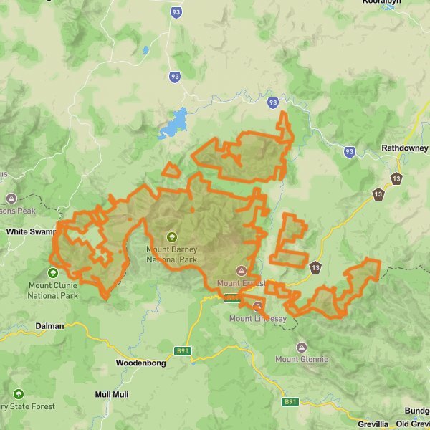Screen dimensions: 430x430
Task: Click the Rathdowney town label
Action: click(x=401, y=149)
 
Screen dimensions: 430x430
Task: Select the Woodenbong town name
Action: click(x=140, y=363)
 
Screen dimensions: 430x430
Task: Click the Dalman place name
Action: click(x=49, y=326)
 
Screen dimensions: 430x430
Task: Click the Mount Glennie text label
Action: click(x=302, y=358)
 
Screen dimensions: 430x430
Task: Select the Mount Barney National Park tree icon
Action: click(x=171, y=236)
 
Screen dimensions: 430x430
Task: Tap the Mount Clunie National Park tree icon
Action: click(x=53, y=272)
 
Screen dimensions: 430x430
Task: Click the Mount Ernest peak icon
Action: click(x=242, y=271)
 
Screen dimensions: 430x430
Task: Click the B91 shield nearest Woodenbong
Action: click(x=182, y=350)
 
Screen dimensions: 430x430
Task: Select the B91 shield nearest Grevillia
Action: click(x=290, y=402)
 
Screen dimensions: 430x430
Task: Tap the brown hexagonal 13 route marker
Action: click(x=396, y=178)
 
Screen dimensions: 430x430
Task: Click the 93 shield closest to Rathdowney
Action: click(x=349, y=152)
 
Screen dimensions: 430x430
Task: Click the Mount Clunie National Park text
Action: click(x=53, y=290)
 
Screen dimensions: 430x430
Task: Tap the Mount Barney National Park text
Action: click(x=171, y=254)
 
